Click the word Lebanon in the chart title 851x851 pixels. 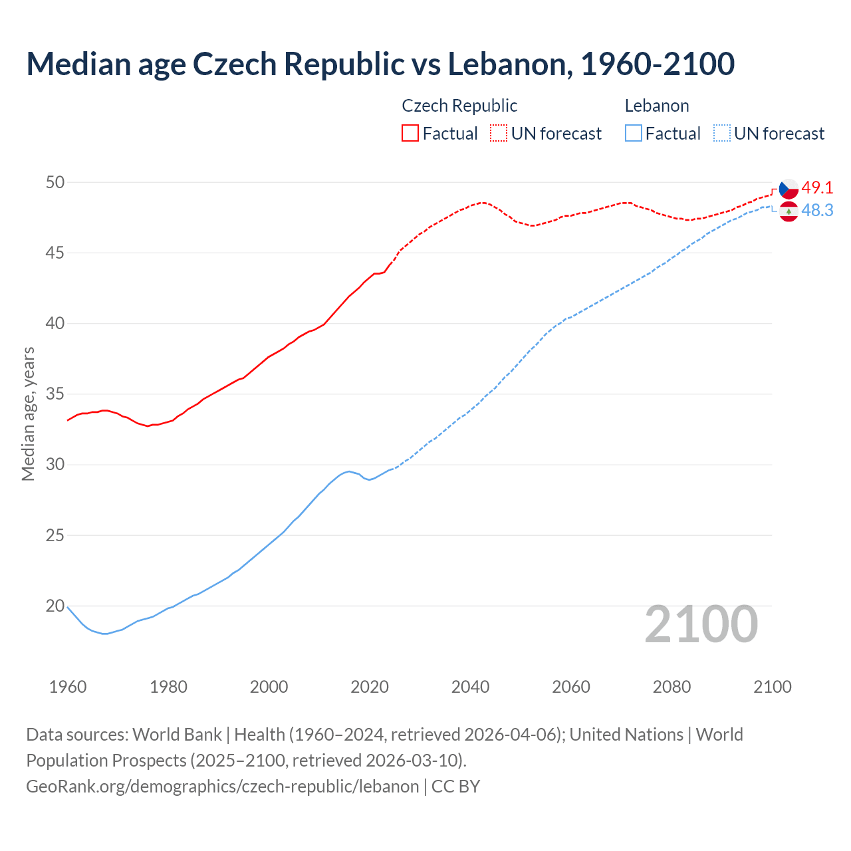[509, 64]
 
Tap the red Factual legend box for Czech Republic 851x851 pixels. [410, 134]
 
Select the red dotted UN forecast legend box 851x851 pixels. [499, 134]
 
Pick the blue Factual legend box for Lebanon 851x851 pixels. [633, 134]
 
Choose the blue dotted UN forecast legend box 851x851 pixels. [721, 134]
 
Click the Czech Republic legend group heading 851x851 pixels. [459, 106]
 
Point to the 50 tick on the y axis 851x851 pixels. [55, 182]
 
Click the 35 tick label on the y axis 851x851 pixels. [55, 394]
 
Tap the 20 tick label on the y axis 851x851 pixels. [55, 606]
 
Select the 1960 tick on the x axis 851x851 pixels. [68, 687]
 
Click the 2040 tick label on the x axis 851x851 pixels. [470, 687]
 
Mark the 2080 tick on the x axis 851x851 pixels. [671, 687]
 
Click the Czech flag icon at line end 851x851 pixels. [789, 189]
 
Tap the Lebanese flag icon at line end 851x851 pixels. [789, 211]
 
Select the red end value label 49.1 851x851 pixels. [817, 188]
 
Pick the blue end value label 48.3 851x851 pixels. [817, 211]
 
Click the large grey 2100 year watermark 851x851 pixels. [701, 624]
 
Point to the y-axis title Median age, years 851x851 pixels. [28, 413]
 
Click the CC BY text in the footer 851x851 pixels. [455, 787]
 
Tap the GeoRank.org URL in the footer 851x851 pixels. [222, 787]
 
